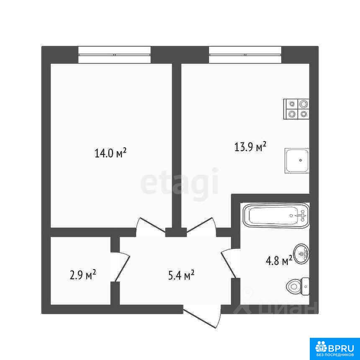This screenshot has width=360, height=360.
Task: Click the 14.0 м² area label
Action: (x=111, y=153)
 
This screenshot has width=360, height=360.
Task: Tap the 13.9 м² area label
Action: (x=250, y=147)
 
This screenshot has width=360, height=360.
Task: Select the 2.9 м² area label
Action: (x=82, y=275)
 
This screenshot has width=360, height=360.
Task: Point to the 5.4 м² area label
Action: (x=181, y=275)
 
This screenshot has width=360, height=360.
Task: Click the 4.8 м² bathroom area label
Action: (x=279, y=261)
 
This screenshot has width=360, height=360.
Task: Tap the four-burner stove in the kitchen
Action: (x=296, y=109)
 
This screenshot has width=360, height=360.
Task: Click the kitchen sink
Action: (x=297, y=160)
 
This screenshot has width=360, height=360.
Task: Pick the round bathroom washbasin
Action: (x=302, y=254)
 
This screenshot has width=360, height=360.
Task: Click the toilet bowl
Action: (x=293, y=286)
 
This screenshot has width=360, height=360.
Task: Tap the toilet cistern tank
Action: (x=305, y=286)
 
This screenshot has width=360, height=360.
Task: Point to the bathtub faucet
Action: (x=302, y=216)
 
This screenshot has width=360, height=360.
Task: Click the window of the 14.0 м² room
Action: (x=114, y=55)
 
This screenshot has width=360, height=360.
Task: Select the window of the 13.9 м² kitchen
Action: (x=245, y=55)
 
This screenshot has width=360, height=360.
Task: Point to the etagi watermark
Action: (x=179, y=184)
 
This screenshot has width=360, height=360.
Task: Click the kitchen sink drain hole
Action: (x=300, y=160)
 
